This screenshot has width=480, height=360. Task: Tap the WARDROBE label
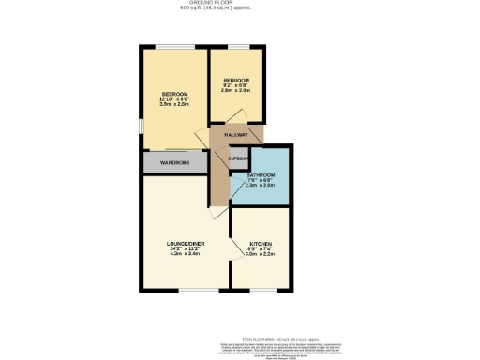tap(174, 163)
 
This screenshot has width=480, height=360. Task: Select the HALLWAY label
tap(235, 136)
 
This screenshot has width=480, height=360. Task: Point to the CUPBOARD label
tap(239, 159)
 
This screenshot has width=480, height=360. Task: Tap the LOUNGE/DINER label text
tap(186, 243)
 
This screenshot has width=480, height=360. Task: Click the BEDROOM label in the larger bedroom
tap(175, 94)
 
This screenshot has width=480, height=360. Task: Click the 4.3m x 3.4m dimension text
tap(186, 254)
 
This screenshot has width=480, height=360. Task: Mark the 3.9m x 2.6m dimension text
tap(175, 105)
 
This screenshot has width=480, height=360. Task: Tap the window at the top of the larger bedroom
tap(174, 46)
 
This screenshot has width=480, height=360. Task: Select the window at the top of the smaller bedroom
tap(238, 46)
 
